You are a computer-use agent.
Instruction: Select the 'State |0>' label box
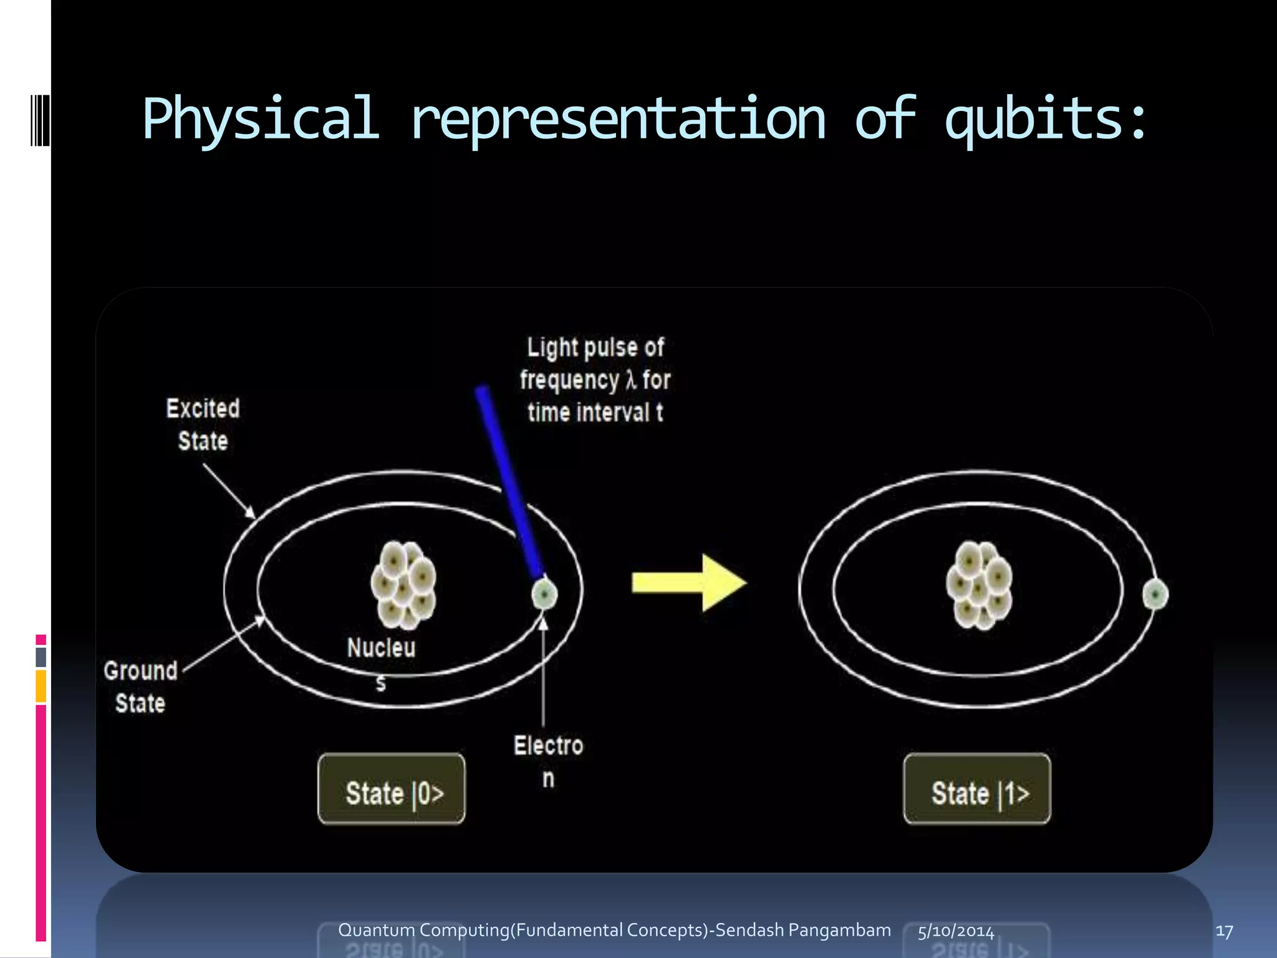pyautogui.click(x=392, y=790)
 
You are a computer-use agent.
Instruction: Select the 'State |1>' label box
pyautogui.click(x=977, y=790)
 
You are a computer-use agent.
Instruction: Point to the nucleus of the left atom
pyautogui.click(x=403, y=584)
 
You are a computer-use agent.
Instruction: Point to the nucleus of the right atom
pyautogui.click(x=979, y=584)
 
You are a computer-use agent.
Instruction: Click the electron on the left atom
pyautogui.click(x=544, y=594)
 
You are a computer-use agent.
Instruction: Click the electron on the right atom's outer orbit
pyautogui.click(x=1155, y=594)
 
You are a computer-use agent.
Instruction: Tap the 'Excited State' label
pyautogui.click(x=203, y=425)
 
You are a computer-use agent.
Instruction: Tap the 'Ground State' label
pyautogui.click(x=141, y=687)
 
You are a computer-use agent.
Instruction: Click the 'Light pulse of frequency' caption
pyautogui.click(x=595, y=379)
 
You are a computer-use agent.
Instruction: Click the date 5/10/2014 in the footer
pyautogui.click(x=956, y=931)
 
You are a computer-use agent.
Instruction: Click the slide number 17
pyautogui.click(x=1224, y=931)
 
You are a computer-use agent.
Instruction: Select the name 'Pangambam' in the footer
pyautogui.click(x=839, y=930)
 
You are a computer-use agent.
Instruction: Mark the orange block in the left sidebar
pyautogui.click(x=41, y=686)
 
